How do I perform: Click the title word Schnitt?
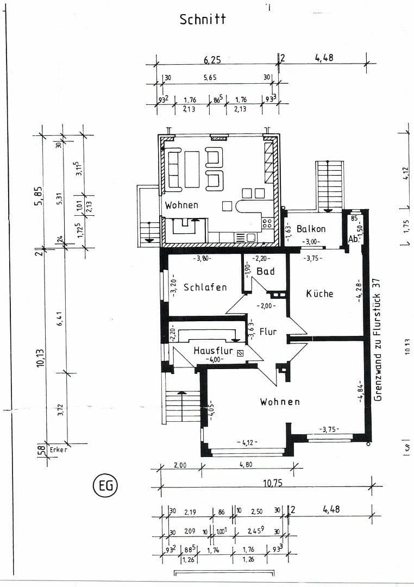point(202,19)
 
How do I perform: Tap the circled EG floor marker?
point(105,485)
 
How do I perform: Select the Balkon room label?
point(311,229)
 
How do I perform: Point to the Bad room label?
point(266,271)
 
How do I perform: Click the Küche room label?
point(319,293)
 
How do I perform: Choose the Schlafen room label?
point(205,287)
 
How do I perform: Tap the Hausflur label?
point(213,351)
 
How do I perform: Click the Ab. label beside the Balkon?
point(352,239)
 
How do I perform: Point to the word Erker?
point(58,450)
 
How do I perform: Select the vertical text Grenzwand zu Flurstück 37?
point(378,339)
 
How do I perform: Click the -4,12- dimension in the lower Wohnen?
point(247,442)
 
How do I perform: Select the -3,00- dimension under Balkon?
point(311,241)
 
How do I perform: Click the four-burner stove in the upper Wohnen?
point(267,223)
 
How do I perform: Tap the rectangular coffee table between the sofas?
point(192,169)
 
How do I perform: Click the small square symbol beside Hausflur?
point(240,353)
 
